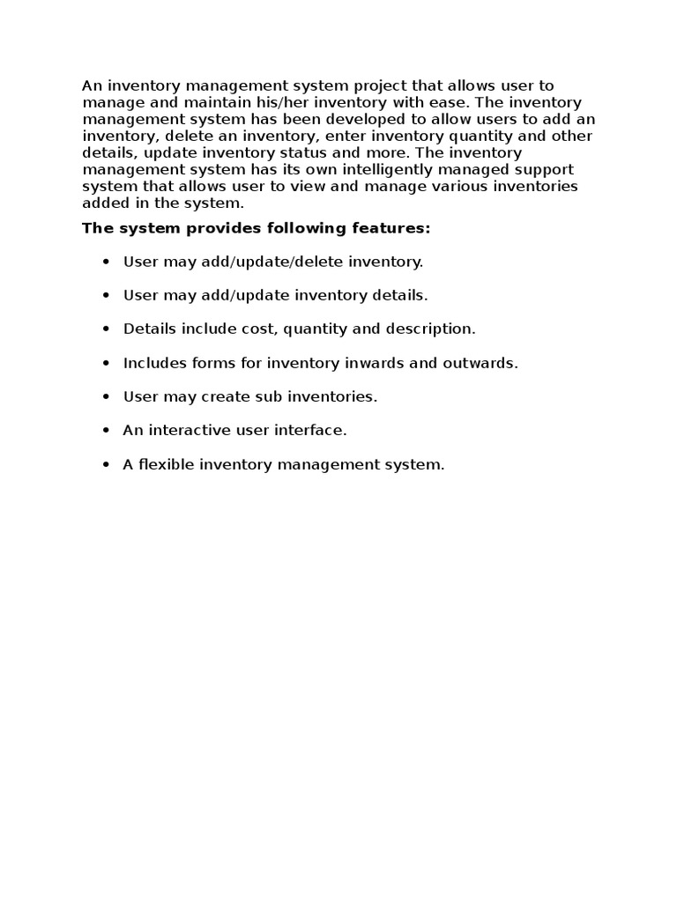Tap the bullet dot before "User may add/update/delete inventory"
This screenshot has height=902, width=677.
click(106, 262)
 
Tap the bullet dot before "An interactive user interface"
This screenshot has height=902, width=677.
click(106, 431)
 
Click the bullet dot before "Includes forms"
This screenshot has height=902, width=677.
click(106, 364)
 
